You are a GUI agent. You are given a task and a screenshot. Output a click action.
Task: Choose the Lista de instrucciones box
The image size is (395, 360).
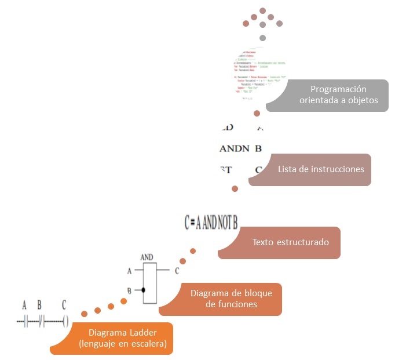(x=313, y=169)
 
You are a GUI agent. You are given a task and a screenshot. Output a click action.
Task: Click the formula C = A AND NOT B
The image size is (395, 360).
(x=211, y=222)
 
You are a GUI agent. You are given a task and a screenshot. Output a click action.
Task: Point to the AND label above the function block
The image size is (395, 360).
(x=147, y=256)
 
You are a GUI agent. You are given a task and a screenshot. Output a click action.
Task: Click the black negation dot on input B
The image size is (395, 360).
(x=142, y=289)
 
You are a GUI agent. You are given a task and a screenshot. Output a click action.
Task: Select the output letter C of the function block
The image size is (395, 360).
(x=177, y=270)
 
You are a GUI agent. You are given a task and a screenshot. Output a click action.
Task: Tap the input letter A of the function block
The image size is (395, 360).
(x=129, y=270)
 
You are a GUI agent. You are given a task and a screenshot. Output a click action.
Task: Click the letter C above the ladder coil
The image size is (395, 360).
(x=64, y=305)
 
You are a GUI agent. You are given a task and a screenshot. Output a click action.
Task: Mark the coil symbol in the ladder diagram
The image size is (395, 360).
(x=65, y=321)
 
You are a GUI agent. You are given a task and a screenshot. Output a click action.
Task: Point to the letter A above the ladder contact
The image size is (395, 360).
(x=24, y=305)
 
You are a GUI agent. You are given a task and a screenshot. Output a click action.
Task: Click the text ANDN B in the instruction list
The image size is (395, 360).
(x=241, y=148)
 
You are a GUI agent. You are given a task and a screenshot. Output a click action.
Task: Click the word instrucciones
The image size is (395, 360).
(x=338, y=169)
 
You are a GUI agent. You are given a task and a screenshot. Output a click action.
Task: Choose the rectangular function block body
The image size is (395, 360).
(x=150, y=283)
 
